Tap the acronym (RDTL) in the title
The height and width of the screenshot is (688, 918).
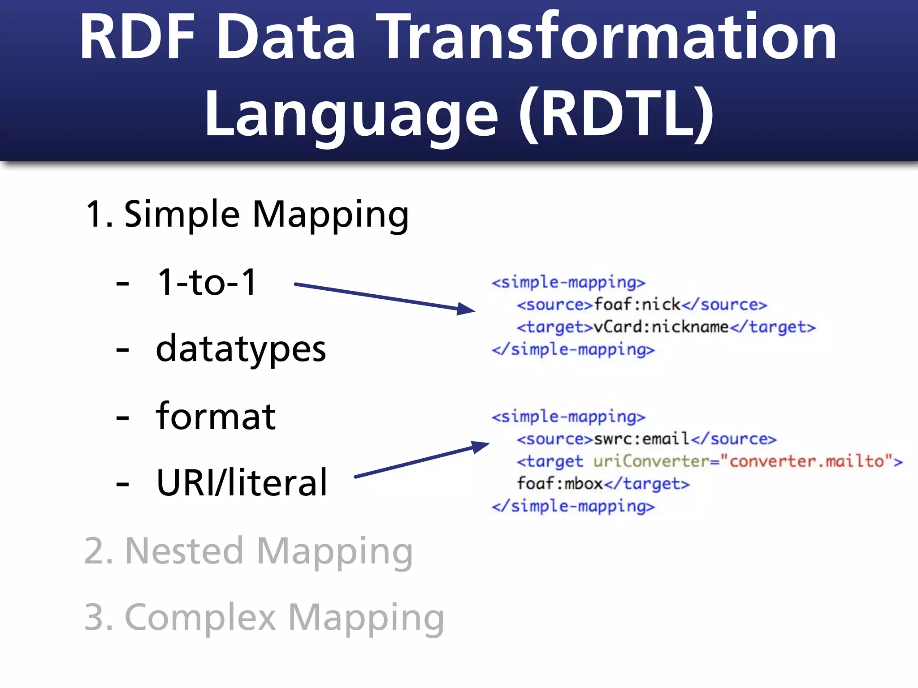coord(616,114)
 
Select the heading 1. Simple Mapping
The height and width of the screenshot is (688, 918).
coord(247,214)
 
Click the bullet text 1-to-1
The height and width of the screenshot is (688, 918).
coord(207,282)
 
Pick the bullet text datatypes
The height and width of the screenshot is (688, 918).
coord(241,349)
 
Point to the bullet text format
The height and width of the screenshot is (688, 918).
coord(216,417)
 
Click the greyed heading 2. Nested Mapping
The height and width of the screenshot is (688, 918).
coord(248,551)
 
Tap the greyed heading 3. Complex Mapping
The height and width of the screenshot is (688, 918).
coord(264,618)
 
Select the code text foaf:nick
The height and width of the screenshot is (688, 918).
coord(637,305)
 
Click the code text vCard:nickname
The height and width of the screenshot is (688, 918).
coord(661,327)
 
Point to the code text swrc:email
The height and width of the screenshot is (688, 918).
coord(641,439)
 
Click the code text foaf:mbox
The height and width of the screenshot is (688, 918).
coord(559,484)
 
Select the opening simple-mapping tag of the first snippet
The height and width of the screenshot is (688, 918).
coord(568,283)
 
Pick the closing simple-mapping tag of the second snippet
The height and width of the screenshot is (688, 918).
coord(573,507)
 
